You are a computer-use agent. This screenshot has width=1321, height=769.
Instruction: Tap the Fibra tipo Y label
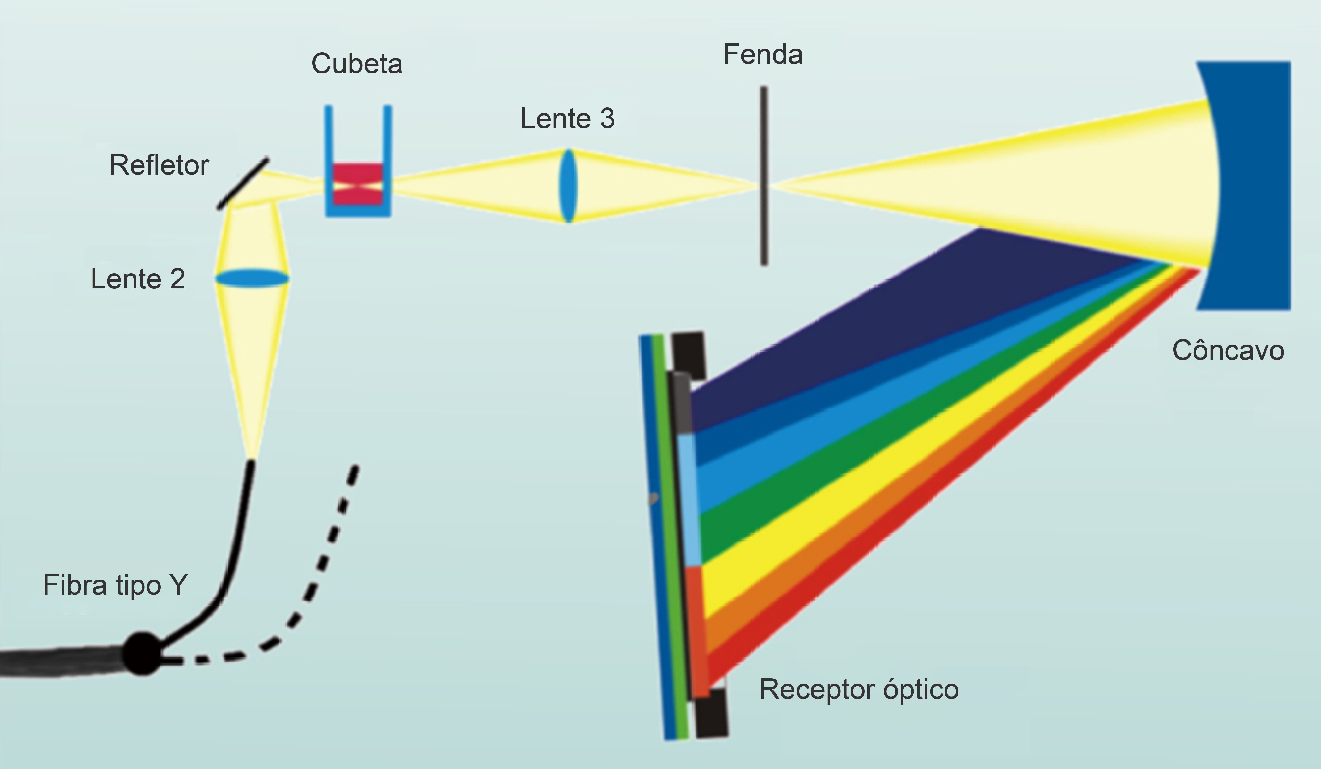115,585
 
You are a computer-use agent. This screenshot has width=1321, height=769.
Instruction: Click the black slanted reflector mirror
243,183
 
